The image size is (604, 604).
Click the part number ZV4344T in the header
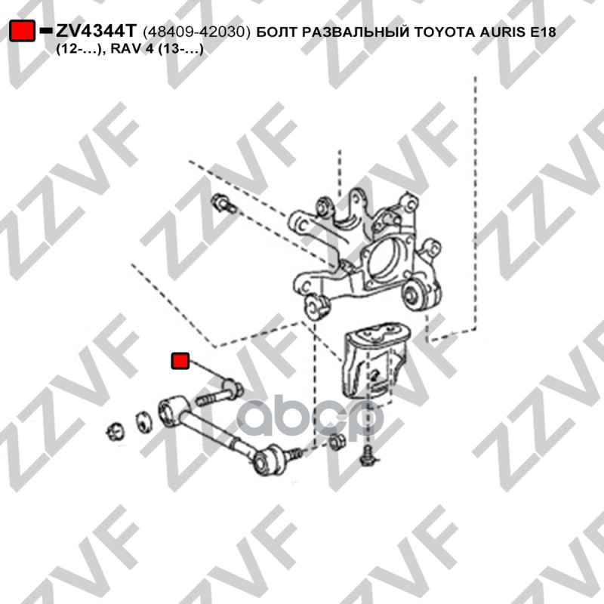97,31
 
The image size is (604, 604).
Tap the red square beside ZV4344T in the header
22,30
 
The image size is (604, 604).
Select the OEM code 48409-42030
196,32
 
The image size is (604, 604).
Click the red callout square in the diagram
180,361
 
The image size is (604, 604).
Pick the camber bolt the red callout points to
220,393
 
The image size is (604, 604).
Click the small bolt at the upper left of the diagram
223,204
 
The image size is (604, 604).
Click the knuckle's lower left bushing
317,307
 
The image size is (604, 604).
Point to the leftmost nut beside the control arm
116,432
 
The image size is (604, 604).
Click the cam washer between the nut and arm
143,422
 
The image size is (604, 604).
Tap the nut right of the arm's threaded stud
337,442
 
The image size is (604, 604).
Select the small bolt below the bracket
368,455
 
